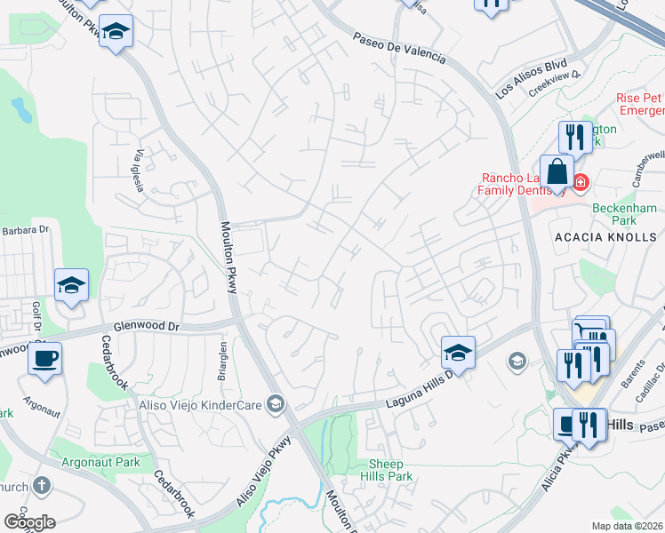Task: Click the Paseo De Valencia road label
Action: pyautogui.click(x=398, y=49)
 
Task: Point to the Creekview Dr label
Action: pyautogui.click(x=554, y=85)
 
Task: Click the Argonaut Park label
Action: pyautogui.click(x=101, y=462)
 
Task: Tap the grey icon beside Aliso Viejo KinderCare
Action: pyautogui.click(x=276, y=405)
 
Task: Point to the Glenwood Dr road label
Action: pyautogui.click(x=146, y=327)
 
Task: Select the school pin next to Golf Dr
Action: pyautogui.click(x=71, y=285)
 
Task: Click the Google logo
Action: pyautogui.click(x=29, y=521)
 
